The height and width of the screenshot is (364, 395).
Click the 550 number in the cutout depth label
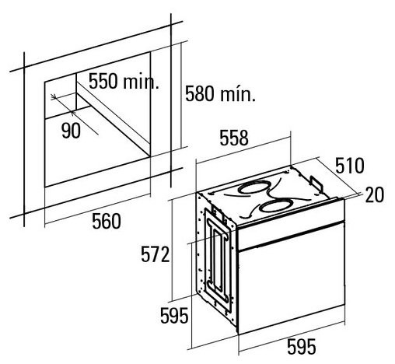[103, 81]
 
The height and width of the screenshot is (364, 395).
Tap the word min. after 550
[141, 81]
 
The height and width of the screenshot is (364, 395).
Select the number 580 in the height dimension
[200, 93]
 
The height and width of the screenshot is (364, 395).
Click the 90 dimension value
[71, 131]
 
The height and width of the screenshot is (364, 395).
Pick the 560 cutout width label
[107, 221]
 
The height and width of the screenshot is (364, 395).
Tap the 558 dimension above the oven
[234, 138]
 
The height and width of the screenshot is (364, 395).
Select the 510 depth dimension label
[350, 166]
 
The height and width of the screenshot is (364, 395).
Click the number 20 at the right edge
[374, 195]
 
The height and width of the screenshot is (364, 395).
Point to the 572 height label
[155, 254]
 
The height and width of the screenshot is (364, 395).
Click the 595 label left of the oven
[174, 316]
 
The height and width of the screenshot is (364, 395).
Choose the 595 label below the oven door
[302, 347]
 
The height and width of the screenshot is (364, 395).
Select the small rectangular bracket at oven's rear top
[316, 184]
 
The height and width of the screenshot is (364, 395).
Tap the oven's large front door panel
[292, 278]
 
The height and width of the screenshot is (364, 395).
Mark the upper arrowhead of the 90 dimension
[54, 97]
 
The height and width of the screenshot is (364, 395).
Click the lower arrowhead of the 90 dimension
[72, 113]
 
